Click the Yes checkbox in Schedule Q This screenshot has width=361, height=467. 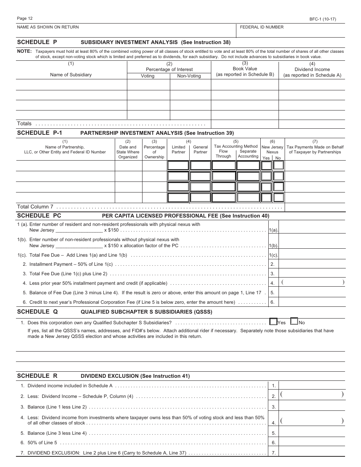tap(273, 322)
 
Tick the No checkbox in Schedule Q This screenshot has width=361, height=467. tap(294, 322)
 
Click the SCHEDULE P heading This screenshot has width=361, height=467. tap(37, 42)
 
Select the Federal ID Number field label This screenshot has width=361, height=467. tap(262, 27)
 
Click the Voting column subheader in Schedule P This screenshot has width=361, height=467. tap(148, 76)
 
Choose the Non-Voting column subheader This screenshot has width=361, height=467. tap(189, 76)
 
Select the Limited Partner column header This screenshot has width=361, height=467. tap(179, 150)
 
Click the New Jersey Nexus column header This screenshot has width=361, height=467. tap(272, 150)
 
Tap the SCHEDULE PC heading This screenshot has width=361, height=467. tap(39, 216)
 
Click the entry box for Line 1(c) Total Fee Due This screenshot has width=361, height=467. tap(312, 255)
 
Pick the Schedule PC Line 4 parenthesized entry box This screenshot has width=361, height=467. tap(312, 282)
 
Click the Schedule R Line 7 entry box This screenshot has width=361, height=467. tap(312, 452)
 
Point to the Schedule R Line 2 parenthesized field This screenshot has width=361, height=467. tap(312, 395)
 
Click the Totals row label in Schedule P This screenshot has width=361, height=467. tap(24, 124)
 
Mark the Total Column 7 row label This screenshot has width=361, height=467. tap(35, 207)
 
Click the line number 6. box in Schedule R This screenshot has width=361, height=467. tap(274, 443)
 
